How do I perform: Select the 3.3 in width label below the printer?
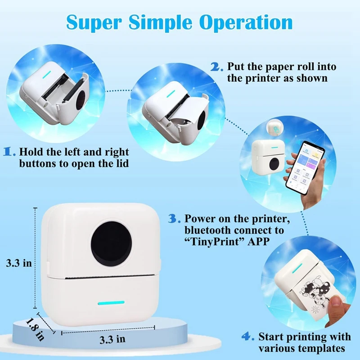[112, 339]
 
